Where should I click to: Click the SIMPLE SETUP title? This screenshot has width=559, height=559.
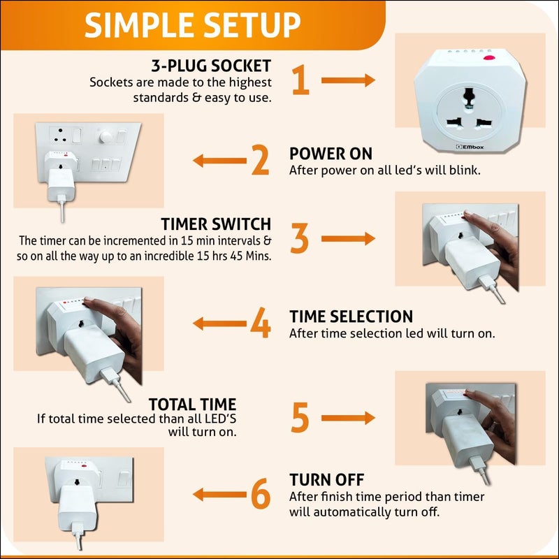pos(193,25)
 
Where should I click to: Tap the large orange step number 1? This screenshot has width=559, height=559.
pos(300,80)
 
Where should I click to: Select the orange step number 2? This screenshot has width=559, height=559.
pos(260,160)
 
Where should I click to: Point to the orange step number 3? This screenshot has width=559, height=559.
pos(300,238)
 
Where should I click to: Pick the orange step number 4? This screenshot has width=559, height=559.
pos(260,323)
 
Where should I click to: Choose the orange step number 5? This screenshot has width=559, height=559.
pos(300,417)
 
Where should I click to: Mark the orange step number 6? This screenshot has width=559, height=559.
pos(261,494)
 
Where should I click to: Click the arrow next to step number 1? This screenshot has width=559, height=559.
pos(348,80)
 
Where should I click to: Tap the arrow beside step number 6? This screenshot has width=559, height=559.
pos(219,495)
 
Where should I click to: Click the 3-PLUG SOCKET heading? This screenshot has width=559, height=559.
pos(211,66)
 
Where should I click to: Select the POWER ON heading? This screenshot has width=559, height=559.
pos(331,154)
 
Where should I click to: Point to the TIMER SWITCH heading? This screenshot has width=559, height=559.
pos(216,224)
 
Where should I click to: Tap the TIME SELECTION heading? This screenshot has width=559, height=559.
pos(351,317)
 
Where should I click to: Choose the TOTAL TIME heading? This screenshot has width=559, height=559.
pos(193,405)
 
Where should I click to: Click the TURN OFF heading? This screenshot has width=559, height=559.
pos(327,480)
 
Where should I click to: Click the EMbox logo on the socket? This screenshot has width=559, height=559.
pos(470,147)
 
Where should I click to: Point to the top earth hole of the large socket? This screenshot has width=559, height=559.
pos(468,97)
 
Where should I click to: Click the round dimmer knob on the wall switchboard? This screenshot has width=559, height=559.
pos(106,136)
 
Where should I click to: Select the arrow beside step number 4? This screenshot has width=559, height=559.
pos(219,324)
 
